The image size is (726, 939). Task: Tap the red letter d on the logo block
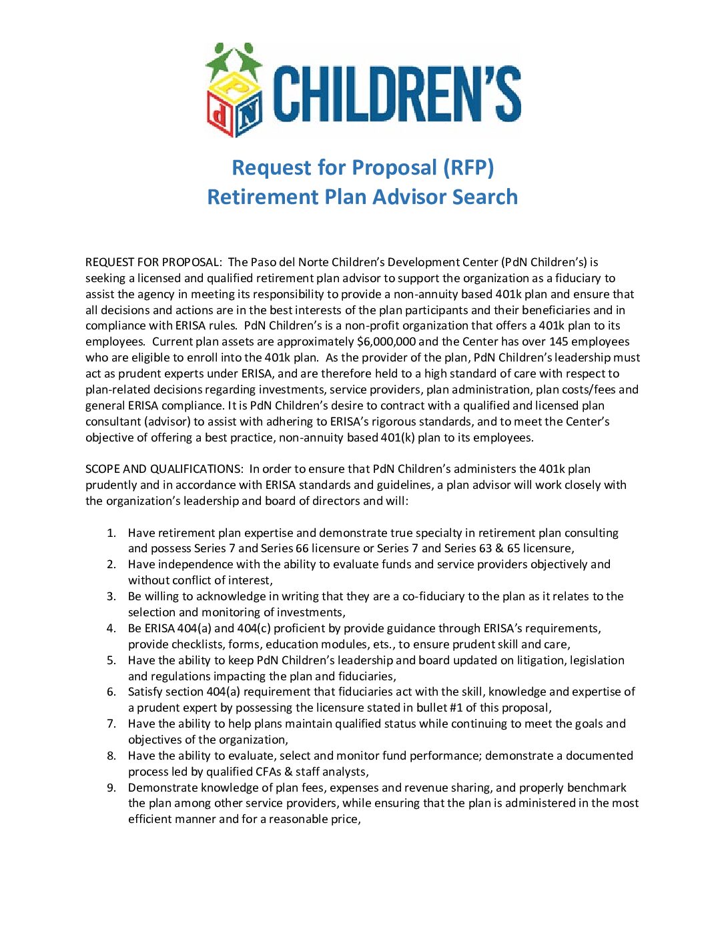click(x=220, y=115)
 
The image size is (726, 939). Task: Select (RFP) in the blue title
click(x=468, y=167)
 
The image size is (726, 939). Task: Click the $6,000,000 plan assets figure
click(x=386, y=342)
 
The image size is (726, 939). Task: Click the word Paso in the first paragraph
click(x=264, y=262)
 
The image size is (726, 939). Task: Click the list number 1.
click(x=111, y=533)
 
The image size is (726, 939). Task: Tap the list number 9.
click(x=111, y=788)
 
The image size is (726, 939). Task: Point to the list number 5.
click(x=111, y=660)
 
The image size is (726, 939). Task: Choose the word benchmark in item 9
click(x=599, y=788)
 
